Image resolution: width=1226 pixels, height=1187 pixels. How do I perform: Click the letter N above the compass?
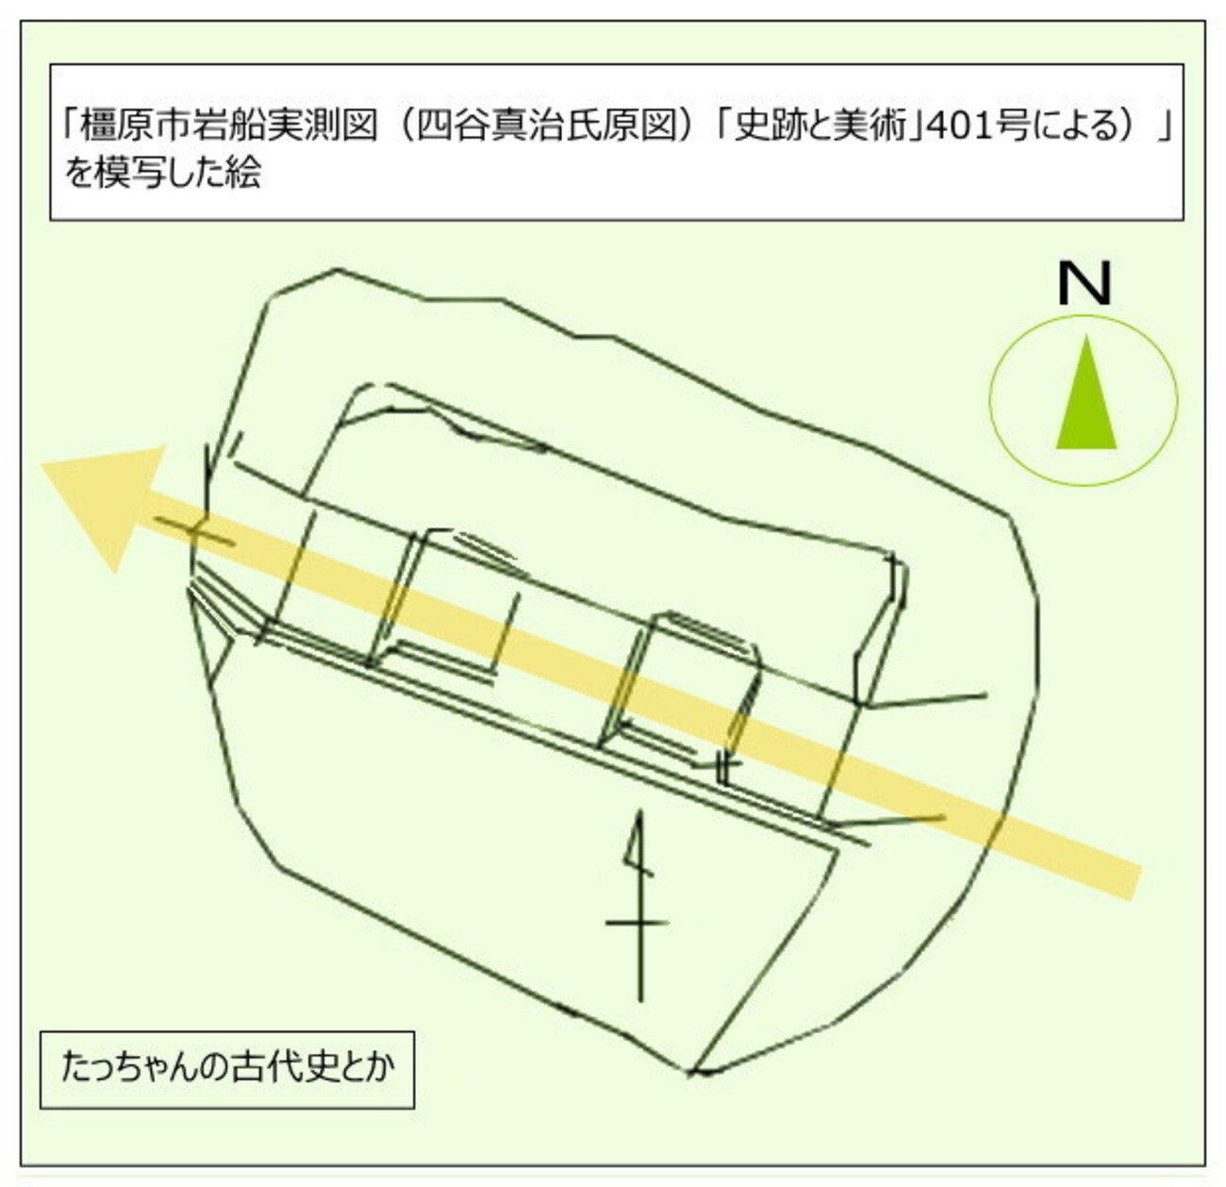pyautogui.click(x=1084, y=284)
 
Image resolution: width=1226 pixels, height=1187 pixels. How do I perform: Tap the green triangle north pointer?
pyautogui.click(x=1086, y=397)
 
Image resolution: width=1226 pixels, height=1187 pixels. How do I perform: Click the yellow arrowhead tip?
pyautogui.click(x=41, y=466)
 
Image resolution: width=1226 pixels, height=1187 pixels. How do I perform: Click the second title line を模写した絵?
pyautogui.click(x=163, y=173)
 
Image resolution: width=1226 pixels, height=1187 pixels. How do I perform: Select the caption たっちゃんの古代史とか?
pyautogui.click(x=228, y=1067)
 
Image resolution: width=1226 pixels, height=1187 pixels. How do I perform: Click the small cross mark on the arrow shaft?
pyautogui.click(x=196, y=530)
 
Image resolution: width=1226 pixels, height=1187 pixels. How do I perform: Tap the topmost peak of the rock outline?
pyautogui.click(x=336, y=269)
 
